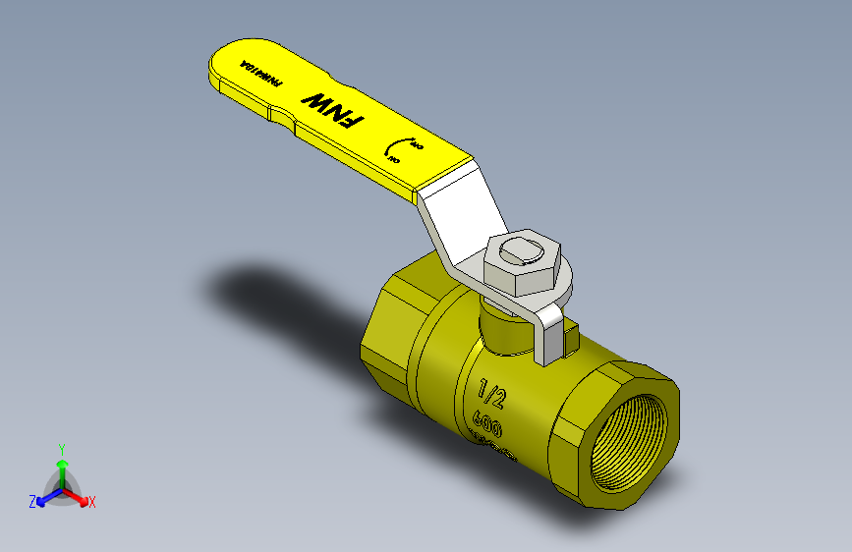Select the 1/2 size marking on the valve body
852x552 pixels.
[x=491, y=394]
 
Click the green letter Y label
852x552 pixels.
[x=62, y=447]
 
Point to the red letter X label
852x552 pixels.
[x=92, y=503]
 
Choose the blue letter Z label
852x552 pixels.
[x=31, y=502]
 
